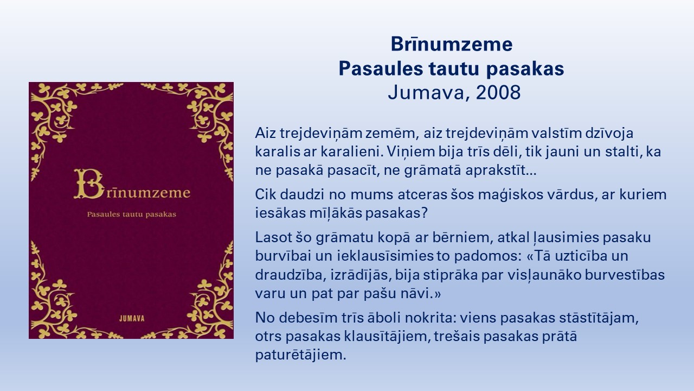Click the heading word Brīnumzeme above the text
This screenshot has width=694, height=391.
452,44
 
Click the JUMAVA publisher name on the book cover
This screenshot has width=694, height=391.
132,318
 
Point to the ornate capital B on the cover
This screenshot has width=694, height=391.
89,184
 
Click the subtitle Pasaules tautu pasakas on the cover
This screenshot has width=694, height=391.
132,215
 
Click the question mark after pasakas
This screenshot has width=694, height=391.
425,213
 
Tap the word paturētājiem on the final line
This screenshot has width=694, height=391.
300,355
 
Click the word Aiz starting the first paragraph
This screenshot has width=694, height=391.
266,133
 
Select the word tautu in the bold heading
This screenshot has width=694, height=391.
455,68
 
